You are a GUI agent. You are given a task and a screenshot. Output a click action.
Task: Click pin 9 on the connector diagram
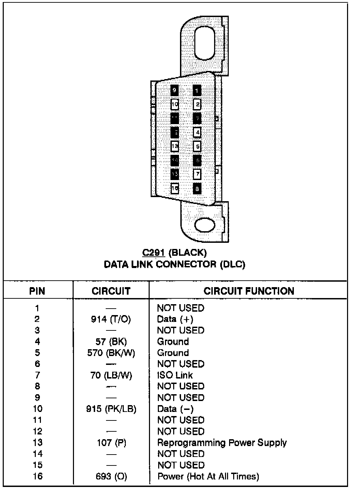[175, 90]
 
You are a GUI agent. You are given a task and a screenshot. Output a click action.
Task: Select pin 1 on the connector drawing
[197, 91]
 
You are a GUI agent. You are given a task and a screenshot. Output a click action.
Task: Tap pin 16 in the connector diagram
[175, 188]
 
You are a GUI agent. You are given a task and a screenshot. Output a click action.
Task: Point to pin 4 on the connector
[197, 132]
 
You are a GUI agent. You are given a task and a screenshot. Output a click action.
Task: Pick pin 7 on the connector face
[197, 174]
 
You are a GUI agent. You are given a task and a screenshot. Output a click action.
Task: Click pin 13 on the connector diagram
[175, 146]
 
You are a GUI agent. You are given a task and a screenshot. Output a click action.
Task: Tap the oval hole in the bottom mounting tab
[205, 224]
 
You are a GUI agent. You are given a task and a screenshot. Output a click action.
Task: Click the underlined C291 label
[154, 253]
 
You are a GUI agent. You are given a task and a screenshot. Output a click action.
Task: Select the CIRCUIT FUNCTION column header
[249, 291]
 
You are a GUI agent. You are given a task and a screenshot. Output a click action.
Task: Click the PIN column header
[37, 291]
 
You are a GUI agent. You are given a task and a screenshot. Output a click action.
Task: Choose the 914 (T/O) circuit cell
[111, 319]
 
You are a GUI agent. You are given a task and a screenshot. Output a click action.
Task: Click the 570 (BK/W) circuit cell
[111, 353]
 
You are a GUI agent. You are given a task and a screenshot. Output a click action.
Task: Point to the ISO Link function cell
[175, 375]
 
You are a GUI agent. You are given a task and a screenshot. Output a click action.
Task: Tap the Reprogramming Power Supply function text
[222, 443]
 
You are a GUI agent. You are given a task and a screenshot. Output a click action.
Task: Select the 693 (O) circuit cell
[111, 476]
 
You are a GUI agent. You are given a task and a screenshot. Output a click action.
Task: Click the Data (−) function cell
[175, 409]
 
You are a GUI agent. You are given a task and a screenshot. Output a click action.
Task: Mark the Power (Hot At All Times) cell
[208, 476]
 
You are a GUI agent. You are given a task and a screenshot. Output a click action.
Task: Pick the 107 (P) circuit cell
[111, 443]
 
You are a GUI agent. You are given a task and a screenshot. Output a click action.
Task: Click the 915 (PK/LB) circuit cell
[111, 409]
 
